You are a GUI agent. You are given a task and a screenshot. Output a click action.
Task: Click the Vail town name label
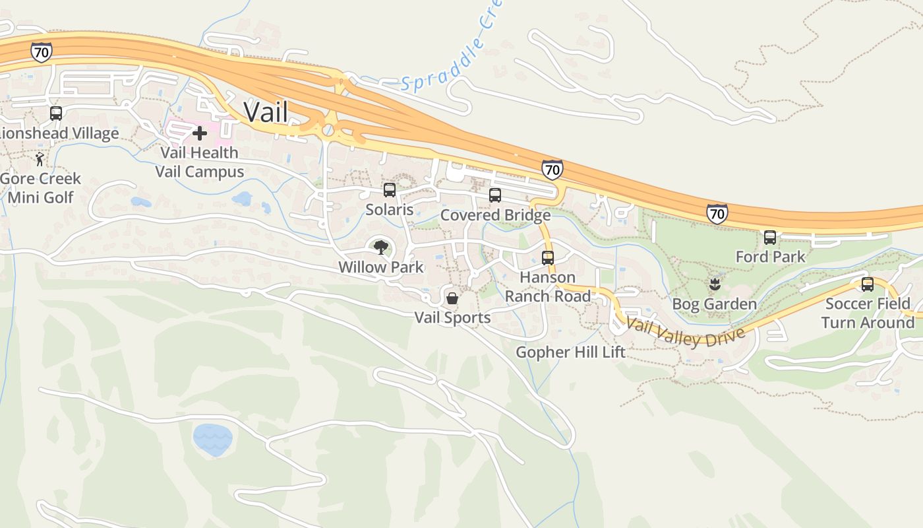pyautogui.click(x=266, y=112)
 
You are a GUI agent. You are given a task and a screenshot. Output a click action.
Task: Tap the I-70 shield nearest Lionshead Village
pyautogui.click(x=41, y=52)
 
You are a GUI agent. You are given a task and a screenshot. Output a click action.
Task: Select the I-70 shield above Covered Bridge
pyautogui.click(x=552, y=170)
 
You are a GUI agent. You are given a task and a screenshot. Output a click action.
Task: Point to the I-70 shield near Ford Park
pyautogui.click(x=717, y=213)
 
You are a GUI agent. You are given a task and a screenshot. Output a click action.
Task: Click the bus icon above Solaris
pyautogui.click(x=390, y=190)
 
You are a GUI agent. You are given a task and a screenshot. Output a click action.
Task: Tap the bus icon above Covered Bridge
pyautogui.click(x=495, y=195)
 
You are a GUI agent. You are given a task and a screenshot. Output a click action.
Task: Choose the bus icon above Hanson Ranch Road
pyautogui.click(x=548, y=258)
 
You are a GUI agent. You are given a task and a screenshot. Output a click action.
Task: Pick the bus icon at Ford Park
pyautogui.click(x=769, y=238)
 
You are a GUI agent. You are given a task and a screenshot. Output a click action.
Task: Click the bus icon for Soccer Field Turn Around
pyautogui.click(x=868, y=284)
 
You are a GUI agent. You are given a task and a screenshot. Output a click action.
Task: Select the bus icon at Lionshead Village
pyautogui.click(x=56, y=114)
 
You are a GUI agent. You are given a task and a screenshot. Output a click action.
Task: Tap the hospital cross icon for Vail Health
pyautogui.click(x=199, y=134)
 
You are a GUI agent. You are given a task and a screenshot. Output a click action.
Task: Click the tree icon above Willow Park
pyautogui.click(x=380, y=247)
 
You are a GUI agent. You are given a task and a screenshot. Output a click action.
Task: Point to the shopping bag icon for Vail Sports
pyautogui.click(x=452, y=298)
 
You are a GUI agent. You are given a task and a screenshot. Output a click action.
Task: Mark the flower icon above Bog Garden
pyautogui.click(x=714, y=285)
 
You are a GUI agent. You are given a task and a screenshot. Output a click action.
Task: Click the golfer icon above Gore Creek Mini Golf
pyautogui.click(x=40, y=159)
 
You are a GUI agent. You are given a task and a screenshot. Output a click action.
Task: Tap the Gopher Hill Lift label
pyautogui.click(x=570, y=352)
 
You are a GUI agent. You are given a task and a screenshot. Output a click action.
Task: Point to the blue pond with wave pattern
pyautogui.click(x=213, y=440)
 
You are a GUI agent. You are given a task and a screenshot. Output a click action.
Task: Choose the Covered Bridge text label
pyautogui.click(x=495, y=215)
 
